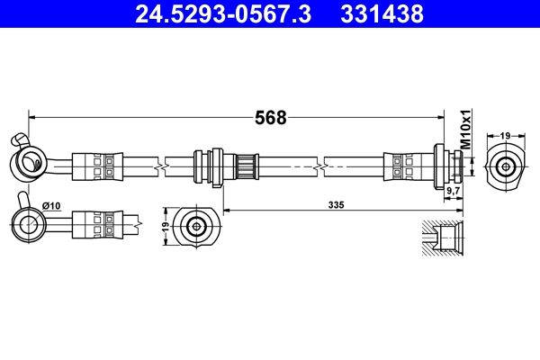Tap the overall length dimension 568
pyautogui.click(x=271, y=118)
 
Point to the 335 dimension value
pyautogui.click(x=337, y=205)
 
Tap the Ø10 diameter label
pyautogui.click(x=50, y=206)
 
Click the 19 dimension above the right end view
pyautogui.click(x=506, y=136)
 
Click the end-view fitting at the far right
pyautogui.click(x=506, y=166)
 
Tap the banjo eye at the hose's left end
pyautogui.click(x=28, y=163)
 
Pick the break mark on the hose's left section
pyautogui.click(x=159, y=166)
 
